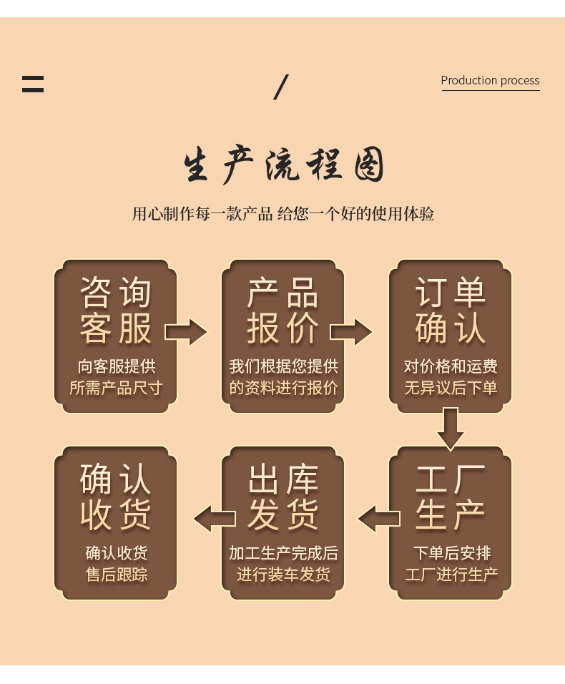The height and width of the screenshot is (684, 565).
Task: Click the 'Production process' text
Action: (490, 81)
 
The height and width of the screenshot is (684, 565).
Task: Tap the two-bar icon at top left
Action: (33, 84)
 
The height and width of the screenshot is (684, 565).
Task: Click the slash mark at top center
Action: (281, 87)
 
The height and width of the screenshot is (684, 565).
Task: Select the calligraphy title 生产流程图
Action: (283, 165)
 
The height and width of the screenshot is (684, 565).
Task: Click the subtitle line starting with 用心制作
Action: (283, 214)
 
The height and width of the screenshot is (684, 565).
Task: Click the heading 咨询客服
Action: (116, 311)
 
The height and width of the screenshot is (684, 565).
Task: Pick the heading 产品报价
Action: (283, 311)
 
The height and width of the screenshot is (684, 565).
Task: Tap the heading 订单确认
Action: (451, 311)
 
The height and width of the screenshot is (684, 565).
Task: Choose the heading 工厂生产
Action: (451, 497)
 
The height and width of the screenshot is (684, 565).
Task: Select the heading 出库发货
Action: (283, 497)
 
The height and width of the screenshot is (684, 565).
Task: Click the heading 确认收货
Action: (116, 497)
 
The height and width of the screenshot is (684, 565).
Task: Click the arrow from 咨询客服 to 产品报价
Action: (186, 332)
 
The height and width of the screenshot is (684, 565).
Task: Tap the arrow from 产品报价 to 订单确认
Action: (351, 332)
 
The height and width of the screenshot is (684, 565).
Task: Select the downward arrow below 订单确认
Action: (450, 428)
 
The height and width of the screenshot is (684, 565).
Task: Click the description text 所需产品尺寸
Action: (116, 389)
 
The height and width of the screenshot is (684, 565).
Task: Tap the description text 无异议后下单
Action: (451, 389)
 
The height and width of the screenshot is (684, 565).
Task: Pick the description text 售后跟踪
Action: (116, 575)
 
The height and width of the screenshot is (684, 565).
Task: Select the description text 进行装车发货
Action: (283, 575)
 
